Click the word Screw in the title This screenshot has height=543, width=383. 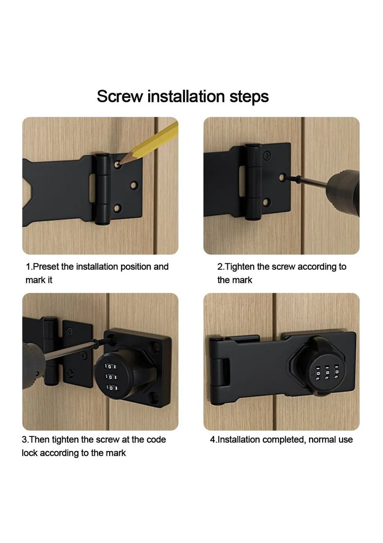(120, 96)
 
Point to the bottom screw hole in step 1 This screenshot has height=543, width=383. (117, 208)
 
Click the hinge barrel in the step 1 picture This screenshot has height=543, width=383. (102, 188)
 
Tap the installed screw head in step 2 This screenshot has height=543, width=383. (267, 155)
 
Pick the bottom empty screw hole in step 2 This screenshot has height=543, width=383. (266, 202)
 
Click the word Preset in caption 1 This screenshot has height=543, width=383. (46, 267)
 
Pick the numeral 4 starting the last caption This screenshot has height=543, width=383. (213, 440)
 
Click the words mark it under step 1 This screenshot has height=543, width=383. (39, 280)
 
